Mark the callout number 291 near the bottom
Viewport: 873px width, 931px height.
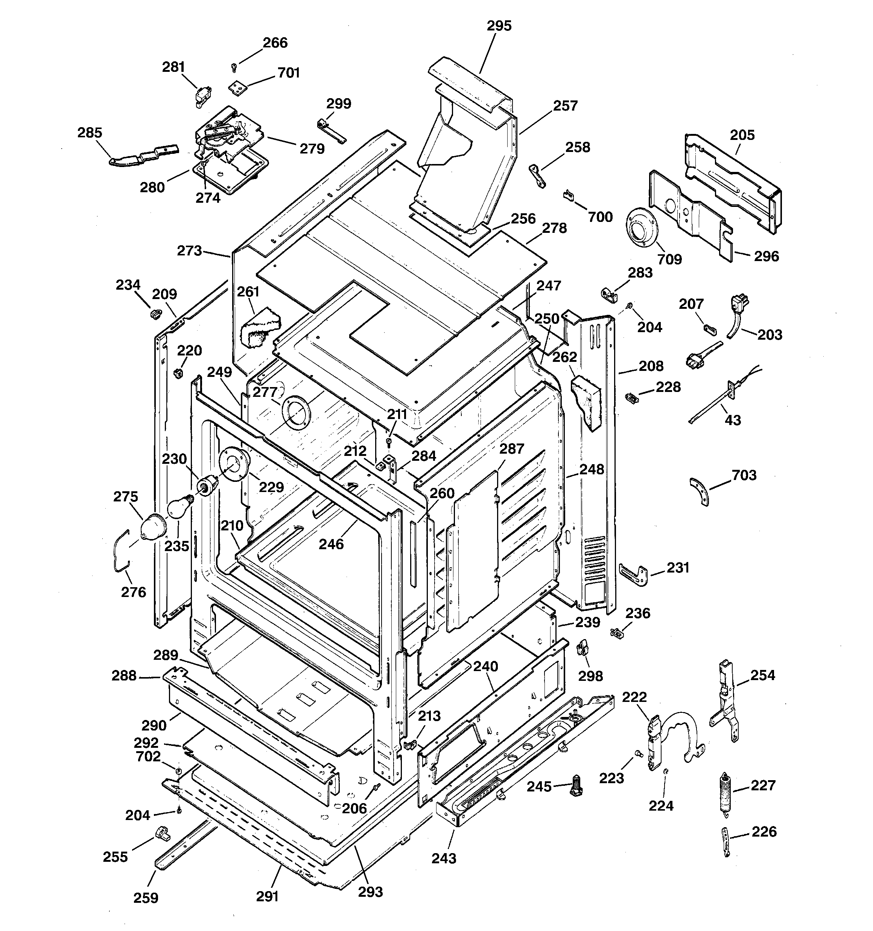point(267,896)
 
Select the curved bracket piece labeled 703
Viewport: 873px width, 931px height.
point(700,491)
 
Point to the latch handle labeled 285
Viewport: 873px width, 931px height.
point(143,155)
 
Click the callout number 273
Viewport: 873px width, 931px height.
point(189,251)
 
